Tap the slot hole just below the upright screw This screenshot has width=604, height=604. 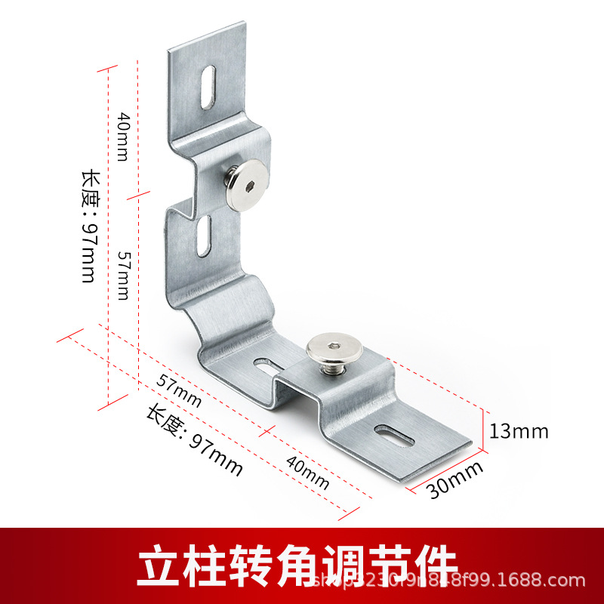pyautogui.click(x=203, y=235)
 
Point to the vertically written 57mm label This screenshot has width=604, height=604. pyautogui.click(x=123, y=275)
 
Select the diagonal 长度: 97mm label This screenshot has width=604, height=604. pyautogui.click(x=195, y=442)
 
